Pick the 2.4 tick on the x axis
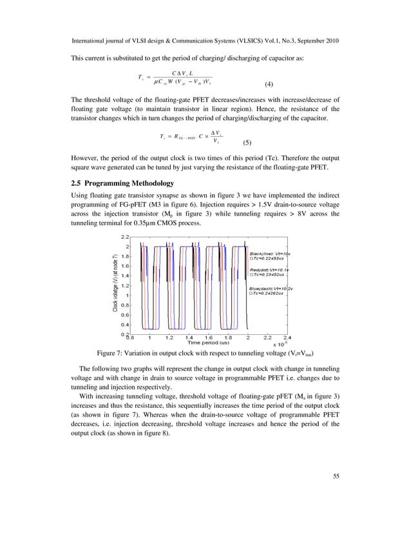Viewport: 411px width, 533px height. pos(287,337)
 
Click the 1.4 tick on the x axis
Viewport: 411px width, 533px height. pos(189,337)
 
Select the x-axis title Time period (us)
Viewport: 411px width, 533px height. pos(209,342)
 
